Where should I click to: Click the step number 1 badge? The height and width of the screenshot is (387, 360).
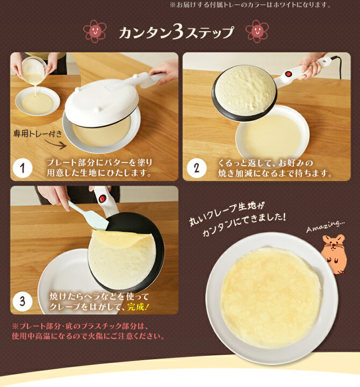coord(23,168)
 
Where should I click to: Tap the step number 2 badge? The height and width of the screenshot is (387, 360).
coord(197,168)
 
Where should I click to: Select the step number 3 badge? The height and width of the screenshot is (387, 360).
coord(23,301)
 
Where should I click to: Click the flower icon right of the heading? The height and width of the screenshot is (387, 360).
coord(256,32)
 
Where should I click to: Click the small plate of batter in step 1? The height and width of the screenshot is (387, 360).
coord(37,101)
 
